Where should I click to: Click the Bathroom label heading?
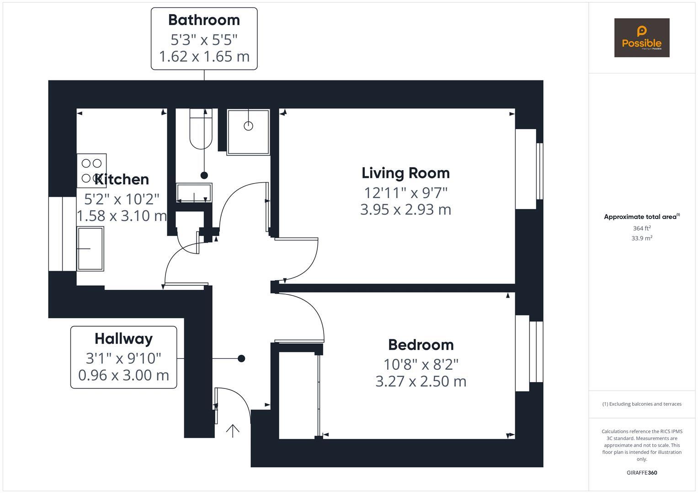point(204,20)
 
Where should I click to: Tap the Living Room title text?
point(405,173)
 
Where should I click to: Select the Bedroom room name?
point(421,345)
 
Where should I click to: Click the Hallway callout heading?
point(123,339)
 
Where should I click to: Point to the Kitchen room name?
point(122,179)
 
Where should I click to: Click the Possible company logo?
point(641,38)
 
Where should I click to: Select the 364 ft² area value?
point(641,228)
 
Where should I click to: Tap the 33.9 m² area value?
point(641,238)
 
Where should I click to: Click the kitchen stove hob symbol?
point(91,171)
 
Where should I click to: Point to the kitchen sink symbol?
point(90,248)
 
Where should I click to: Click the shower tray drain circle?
point(248,126)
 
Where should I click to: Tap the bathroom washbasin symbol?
point(194,193)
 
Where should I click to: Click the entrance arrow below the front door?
point(233,430)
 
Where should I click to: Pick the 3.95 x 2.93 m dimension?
point(405,210)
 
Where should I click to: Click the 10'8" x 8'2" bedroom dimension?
point(421,364)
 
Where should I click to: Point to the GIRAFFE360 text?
point(641,472)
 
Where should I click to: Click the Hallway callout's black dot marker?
point(241,358)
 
